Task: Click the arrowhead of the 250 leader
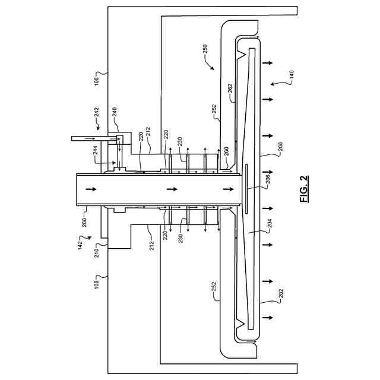coord(213,69)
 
